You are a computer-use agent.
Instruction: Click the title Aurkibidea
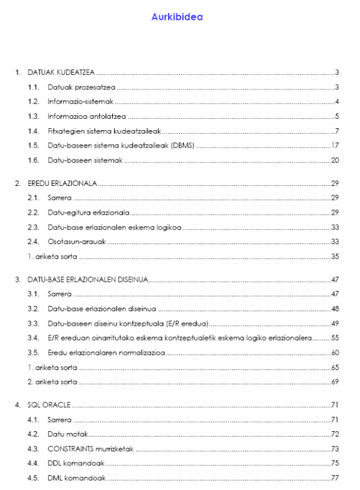[x=177, y=17]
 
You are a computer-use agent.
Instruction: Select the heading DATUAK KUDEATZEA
[x=61, y=72]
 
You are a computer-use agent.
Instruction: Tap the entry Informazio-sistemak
[x=76, y=101]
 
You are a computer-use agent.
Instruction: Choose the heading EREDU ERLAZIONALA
[x=63, y=182]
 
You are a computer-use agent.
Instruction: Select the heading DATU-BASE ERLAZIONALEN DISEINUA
[x=88, y=279]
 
